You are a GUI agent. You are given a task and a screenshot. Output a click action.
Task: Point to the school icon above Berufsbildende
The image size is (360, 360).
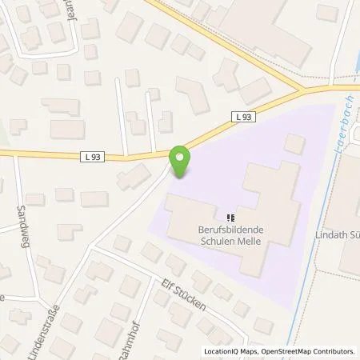click(x=230, y=216)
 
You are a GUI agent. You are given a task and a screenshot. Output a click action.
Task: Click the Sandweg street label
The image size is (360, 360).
click(x=22, y=220)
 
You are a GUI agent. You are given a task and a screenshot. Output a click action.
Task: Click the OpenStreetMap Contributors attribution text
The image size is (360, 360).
click(x=313, y=351)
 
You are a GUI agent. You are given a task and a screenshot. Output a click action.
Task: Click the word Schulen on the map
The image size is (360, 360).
click(x=218, y=238)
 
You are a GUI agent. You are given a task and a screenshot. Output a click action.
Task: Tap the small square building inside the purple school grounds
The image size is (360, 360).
click(x=294, y=144)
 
